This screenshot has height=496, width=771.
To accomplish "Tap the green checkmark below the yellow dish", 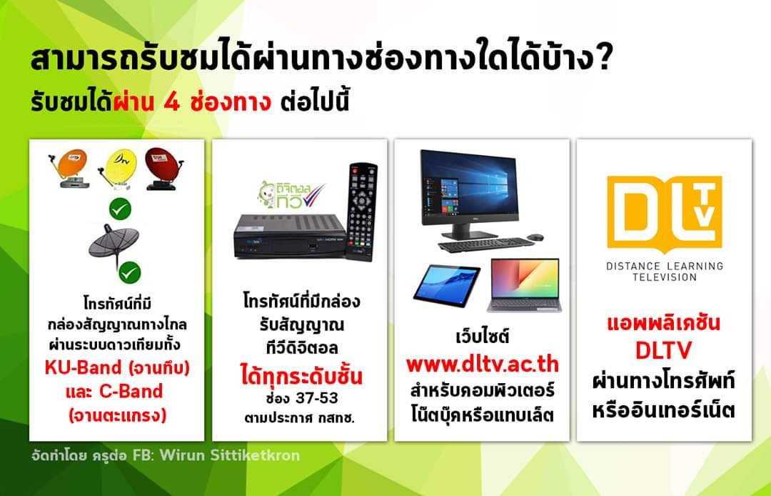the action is coord(120,209).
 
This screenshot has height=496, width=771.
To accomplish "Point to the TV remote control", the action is coord(361,211).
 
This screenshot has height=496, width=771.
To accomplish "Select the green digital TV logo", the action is coord(291,195).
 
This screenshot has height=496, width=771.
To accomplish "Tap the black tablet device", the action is coord(446,285).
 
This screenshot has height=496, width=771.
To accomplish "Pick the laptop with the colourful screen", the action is coord(525,285).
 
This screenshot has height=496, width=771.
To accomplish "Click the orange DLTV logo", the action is coord(665,214).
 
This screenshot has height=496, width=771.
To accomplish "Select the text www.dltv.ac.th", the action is coord(483,364).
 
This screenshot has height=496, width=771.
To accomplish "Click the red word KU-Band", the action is coord(83,367).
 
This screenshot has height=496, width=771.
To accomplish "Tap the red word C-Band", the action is coord(131,391).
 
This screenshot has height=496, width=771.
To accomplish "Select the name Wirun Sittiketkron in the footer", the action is coord(230,455).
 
